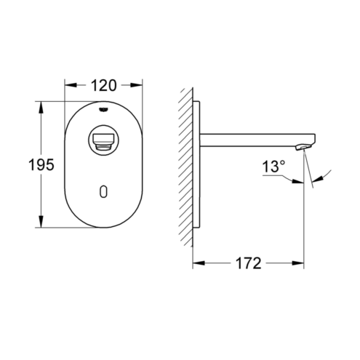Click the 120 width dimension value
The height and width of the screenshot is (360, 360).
103,85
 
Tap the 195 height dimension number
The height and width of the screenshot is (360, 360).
41,164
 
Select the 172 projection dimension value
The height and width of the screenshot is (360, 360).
249,263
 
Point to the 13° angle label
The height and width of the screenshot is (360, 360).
273,167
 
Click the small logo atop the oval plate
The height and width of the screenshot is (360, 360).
103,110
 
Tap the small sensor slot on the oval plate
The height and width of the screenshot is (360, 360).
103,192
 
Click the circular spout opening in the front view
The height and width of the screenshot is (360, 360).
103,140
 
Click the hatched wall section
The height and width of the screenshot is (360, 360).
186,167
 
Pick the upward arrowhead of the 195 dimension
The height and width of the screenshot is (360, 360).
41,108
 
